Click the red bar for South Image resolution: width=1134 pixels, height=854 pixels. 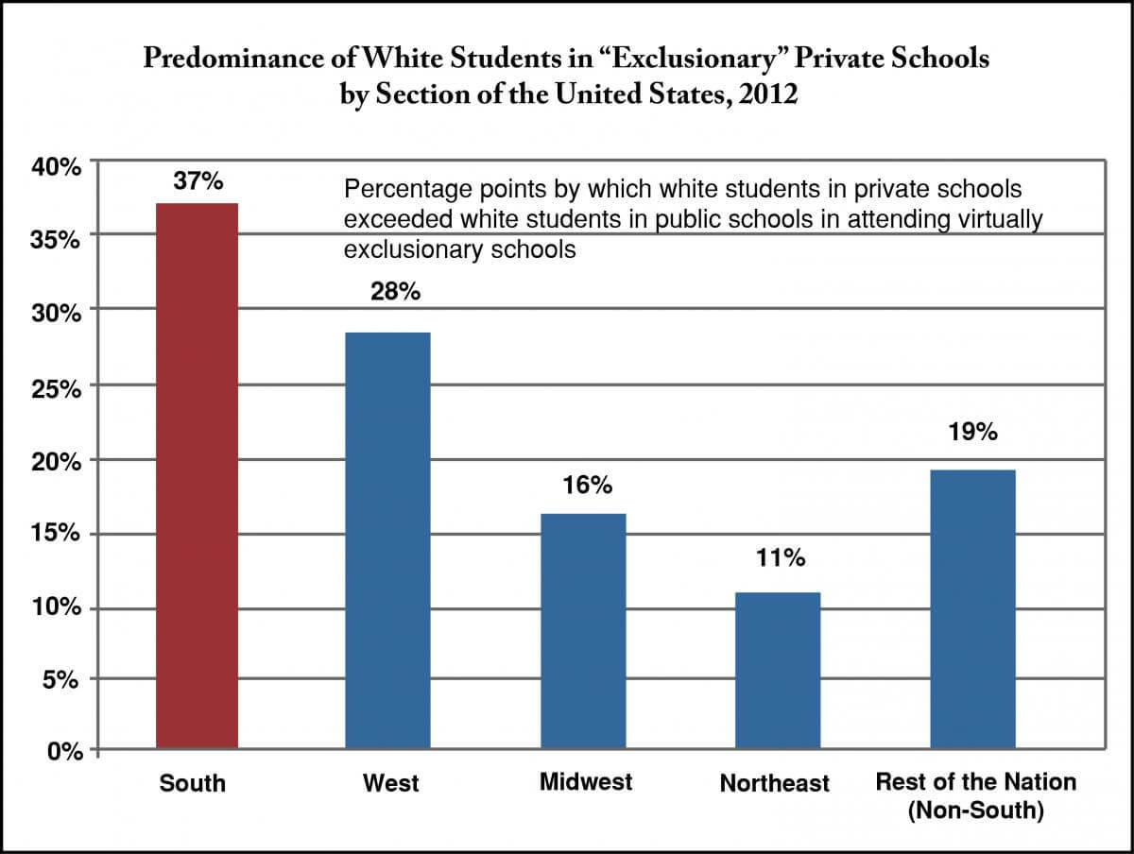(x=197, y=477)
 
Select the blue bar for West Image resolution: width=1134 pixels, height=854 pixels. (x=387, y=541)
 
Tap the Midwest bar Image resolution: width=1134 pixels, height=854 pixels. (x=583, y=632)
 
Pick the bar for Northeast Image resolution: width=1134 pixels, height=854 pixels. (x=779, y=671)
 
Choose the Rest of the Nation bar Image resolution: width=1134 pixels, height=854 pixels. (x=973, y=609)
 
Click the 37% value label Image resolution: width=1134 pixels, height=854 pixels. (x=197, y=181)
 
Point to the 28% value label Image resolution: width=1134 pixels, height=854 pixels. (x=394, y=292)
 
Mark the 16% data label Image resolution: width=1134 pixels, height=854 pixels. (x=588, y=487)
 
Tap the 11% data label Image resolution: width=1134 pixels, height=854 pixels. (x=781, y=558)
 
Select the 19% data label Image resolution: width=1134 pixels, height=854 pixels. (x=973, y=433)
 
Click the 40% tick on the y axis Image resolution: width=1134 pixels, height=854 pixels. (x=60, y=167)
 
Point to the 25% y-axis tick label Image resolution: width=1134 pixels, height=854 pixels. (x=60, y=386)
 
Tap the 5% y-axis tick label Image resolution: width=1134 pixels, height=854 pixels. (x=66, y=680)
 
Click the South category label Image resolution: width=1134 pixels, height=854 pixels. (x=193, y=783)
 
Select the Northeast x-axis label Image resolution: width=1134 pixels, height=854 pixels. (x=775, y=783)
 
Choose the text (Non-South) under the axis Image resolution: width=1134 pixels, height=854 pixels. (x=975, y=811)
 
